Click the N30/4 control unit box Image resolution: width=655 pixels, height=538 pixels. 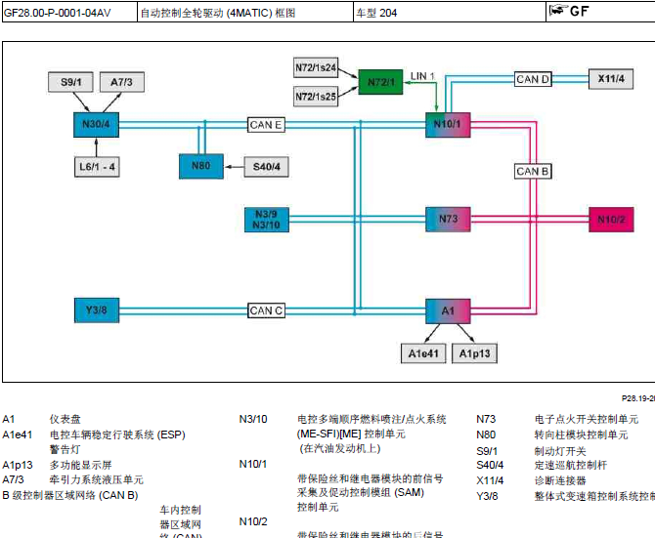[x=96, y=125]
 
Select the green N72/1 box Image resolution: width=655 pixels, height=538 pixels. [x=380, y=83]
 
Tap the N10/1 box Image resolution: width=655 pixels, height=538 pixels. [x=448, y=125]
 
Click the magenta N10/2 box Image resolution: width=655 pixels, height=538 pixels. [x=611, y=219]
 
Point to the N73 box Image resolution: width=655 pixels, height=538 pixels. [x=448, y=219]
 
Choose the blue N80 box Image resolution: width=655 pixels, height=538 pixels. [x=200, y=167]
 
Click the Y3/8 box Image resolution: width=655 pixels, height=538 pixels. [x=96, y=310]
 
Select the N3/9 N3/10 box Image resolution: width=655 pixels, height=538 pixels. [x=266, y=219]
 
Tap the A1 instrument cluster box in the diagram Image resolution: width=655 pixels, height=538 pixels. [x=448, y=310]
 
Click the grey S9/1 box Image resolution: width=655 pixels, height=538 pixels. [x=70, y=82]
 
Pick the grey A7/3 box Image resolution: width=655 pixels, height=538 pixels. [x=122, y=82]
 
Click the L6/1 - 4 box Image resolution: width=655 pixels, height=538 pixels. [x=97, y=167]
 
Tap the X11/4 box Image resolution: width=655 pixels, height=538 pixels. [x=610, y=78]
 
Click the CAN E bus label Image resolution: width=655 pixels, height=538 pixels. [x=267, y=125]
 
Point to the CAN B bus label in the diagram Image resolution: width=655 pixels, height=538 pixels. [x=533, y=172]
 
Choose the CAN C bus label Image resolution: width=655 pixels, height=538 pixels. [x=266, y=310]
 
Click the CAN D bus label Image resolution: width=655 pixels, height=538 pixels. [x=533, y=79]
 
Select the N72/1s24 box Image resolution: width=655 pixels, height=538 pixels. [x=316, y=68]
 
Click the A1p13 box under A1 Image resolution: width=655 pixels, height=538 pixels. [x=476, y=353]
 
